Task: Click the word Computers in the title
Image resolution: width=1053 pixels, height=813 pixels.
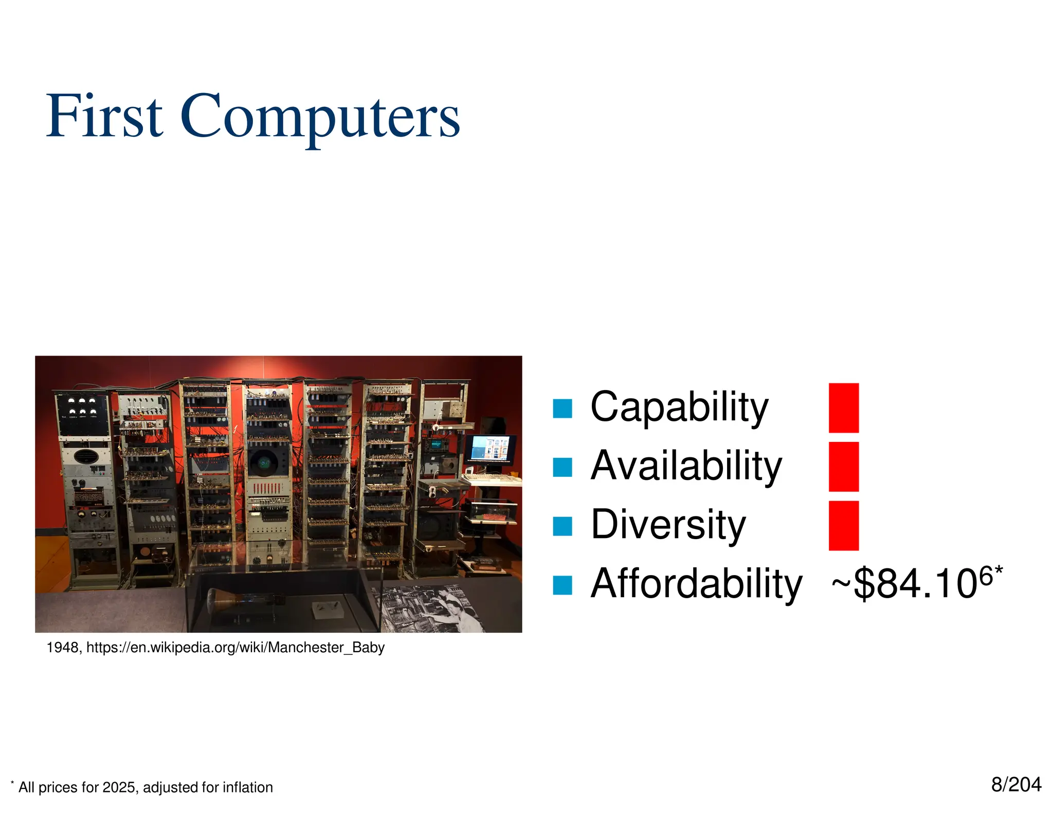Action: pyautogui.click(x=320, y=116)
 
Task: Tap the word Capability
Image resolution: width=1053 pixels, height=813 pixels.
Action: pyautogui.click(x=679, y=407)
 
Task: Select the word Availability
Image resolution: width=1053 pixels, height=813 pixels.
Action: pyautogui.click(x=686, y=466)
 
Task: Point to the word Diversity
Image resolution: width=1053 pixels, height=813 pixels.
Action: pyautogui.click(x=668, y=525)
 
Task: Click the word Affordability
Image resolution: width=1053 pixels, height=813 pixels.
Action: pyautogui.click(x=696, y=584)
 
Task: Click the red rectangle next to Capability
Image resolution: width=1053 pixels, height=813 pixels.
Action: pyautogui.click(x=843, y=408)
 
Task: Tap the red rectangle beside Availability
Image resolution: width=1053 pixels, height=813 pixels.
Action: pyautogui.click(x=843, y=466)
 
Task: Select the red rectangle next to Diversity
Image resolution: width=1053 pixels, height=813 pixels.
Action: pyautogui.click(x=843, y=525)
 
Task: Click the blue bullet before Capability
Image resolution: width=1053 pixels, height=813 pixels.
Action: pyautogui.click(x=562, y=409)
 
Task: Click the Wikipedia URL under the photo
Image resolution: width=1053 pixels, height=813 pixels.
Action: pyautogui.click(x=235, y=648)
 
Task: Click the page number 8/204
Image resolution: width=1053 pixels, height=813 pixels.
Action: pyautogui.click(x=1016, y=785)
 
